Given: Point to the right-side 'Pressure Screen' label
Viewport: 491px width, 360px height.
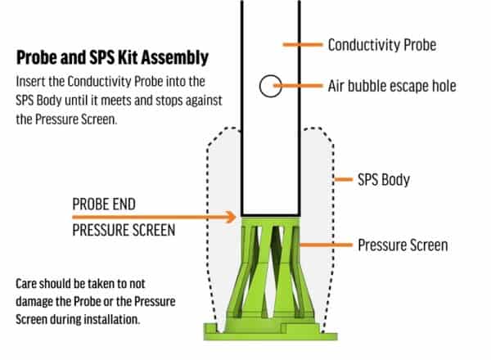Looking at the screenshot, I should click(402, 245).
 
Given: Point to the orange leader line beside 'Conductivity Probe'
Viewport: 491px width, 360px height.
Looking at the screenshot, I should click(299, 44).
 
